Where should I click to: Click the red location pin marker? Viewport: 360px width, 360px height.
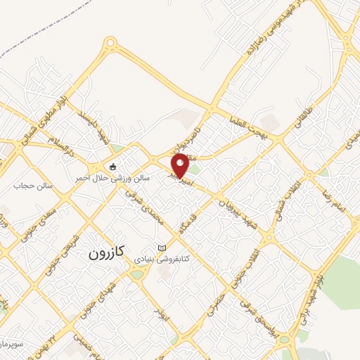tap(180, 166)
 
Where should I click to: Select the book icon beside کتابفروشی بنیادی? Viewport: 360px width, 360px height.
tap(163, 248)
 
